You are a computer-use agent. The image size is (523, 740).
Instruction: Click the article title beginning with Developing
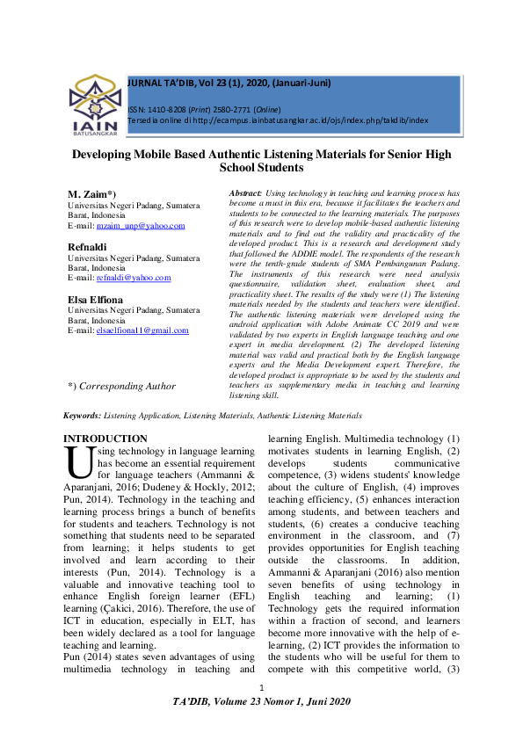(x=261, y=160)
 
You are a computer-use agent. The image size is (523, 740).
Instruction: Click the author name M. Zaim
(x=92, y=192)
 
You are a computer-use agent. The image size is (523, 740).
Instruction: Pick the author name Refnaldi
(x=87, y=248)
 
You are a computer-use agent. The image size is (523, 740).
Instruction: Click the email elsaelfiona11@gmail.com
(x=142, y=330)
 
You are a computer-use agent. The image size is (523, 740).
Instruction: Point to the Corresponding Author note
(x=121, y=386)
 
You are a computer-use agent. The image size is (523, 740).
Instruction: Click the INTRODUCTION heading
(x=105, y=439)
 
